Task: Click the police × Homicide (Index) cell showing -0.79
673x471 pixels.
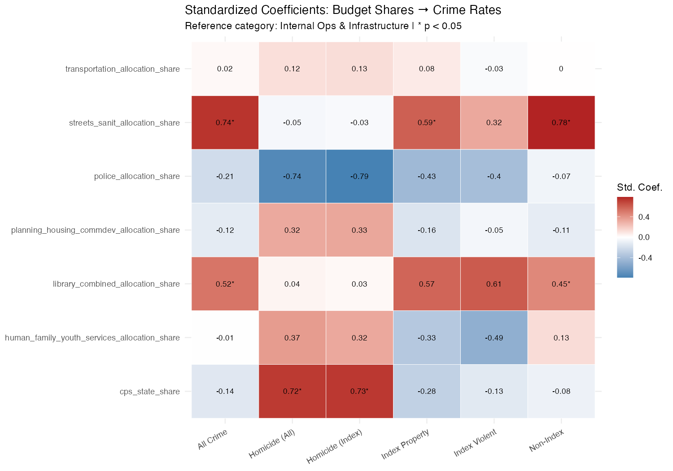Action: click(x=359, y=176)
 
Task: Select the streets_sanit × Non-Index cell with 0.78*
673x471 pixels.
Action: click(x=561, y=122)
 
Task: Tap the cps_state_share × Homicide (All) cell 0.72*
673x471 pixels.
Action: click(x=292, y=391)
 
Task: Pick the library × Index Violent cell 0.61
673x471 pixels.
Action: click(x=494, y=284)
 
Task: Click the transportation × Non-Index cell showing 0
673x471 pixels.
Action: click(x=561, y=69)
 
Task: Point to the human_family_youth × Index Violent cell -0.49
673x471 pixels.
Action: click(x=494, y=338)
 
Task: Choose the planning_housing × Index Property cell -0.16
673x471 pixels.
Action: click(x=427, y=230)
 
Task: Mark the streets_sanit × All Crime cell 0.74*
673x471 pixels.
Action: click(x=225, y=122)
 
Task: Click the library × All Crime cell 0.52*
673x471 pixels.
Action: click(x=225, y=284)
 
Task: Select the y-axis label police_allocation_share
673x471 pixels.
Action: click(x=137, y=176)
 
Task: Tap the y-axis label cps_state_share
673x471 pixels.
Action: click(x=149, y=392)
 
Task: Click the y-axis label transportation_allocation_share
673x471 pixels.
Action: click(x=122, y=69)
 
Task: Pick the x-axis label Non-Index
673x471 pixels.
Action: click(x=546, y=440)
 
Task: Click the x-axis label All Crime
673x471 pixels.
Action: click(x=213, y=439)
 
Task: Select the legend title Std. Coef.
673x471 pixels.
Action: click(x=640, y=188)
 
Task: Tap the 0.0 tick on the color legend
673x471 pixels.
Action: click(x=644, y=237)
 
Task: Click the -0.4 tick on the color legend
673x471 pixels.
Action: click(x=645, y=258)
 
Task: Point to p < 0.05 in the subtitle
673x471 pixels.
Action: click(x=443, y=26)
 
